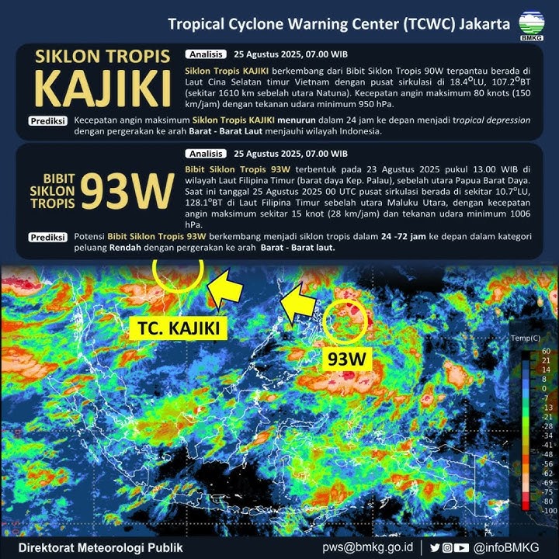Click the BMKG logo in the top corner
(532, 25)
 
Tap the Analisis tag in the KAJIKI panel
(207, 54)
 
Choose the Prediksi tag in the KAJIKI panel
(47, 121)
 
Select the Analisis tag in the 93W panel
(207, 154)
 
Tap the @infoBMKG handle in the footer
(509, 547)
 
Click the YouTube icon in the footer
(462, 547)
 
